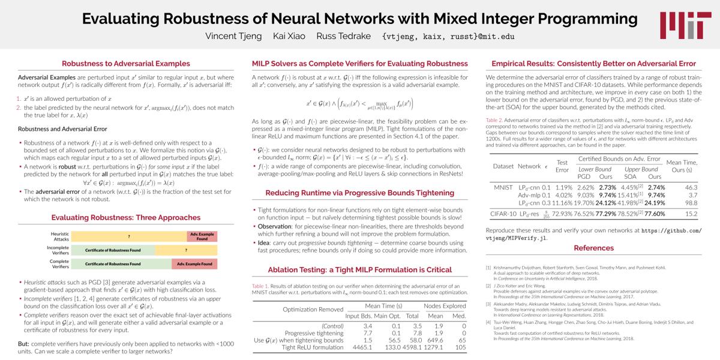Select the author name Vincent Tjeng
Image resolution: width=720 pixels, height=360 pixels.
point(233,36)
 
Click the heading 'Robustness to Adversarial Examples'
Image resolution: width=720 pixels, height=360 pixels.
point(126,64)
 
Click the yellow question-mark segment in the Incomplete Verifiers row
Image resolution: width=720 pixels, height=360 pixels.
point(186,250)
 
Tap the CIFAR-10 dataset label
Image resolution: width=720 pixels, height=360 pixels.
point(503,213)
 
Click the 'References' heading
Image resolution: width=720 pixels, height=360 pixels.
point(593,248)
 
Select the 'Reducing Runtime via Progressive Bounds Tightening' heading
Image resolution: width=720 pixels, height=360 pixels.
point(359,193)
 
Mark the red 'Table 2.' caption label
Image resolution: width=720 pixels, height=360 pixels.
point(494,121)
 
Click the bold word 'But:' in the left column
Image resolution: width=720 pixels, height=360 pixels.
point(25,344)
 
